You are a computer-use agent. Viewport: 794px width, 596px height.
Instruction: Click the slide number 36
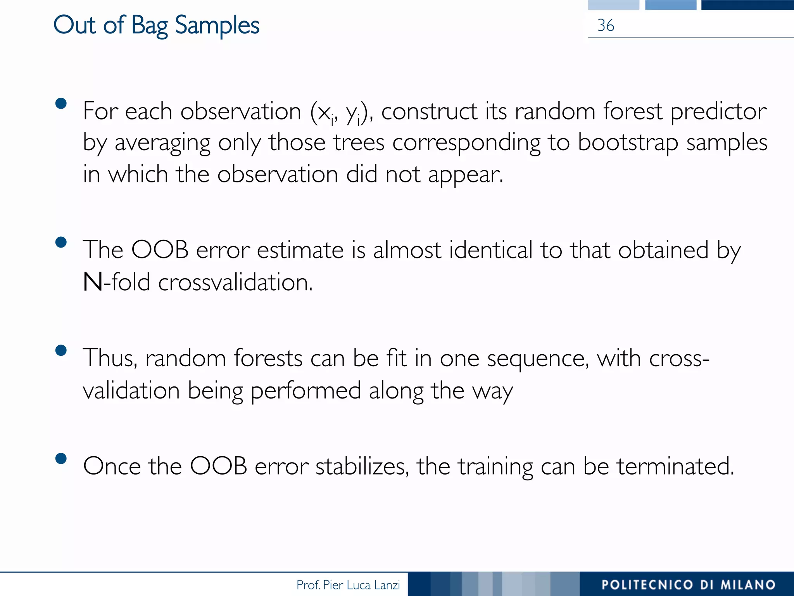pos(606,26)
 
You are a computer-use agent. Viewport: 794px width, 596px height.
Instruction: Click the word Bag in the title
pos(149,26)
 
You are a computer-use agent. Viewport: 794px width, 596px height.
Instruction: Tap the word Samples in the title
pos(217,26)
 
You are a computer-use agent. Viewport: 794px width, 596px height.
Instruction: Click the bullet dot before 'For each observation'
pos(61,103)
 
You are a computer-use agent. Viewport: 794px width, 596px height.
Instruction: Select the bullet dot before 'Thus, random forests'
pos(61,350)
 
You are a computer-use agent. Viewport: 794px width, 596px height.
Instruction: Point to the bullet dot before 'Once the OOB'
pos(61,458)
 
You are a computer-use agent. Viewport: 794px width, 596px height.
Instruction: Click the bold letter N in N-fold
pos(93,282)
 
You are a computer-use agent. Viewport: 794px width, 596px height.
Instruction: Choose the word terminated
pos(675,466)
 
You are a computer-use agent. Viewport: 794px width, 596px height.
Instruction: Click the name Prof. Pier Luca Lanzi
pos(348,585)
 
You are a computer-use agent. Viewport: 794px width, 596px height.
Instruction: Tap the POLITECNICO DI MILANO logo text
pos(689,585)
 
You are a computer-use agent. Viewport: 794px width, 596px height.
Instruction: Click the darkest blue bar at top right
pos(747,5)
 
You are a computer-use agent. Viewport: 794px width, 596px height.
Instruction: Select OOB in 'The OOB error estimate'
pos(160,250)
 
